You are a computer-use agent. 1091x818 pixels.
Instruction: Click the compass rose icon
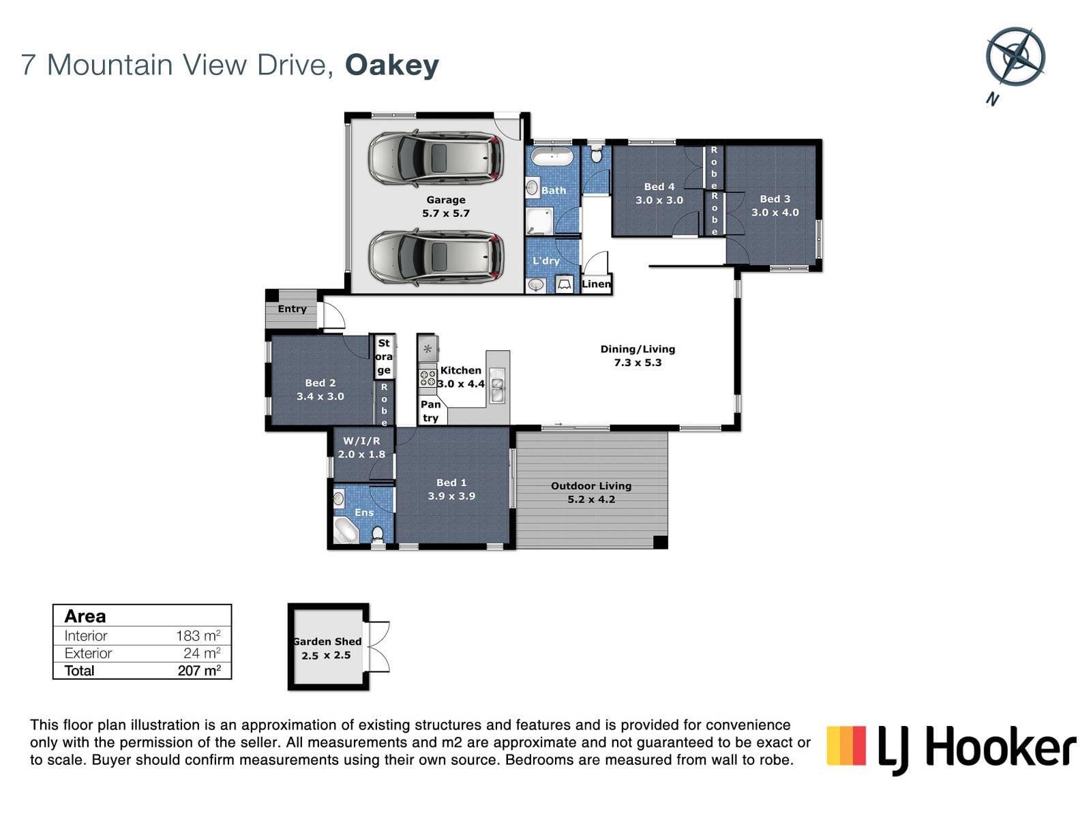click(1015, 57)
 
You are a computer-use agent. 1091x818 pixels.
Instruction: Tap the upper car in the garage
click(436, 158)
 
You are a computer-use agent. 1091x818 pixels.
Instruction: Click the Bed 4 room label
click(659, 187)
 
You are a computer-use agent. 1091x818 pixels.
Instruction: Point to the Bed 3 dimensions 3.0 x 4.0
click(775, 213)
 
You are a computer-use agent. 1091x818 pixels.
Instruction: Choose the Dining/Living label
click(638, 349)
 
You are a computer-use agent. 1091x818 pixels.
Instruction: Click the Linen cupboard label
click(597, 284)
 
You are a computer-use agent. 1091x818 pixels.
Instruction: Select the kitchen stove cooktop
click(428, 378)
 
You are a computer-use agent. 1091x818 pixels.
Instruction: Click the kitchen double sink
click(498, 385)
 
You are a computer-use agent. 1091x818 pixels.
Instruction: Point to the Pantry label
click(430, 411)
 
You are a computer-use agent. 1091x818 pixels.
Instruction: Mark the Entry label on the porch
click(293, 309)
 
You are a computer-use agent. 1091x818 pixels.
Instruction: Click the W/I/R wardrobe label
click(361, 440)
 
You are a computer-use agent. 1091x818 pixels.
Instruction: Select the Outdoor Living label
click(591, 486)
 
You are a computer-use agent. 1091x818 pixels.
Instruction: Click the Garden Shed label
click(327, 641)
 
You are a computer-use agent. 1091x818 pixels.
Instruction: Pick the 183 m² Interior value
click(198, 636)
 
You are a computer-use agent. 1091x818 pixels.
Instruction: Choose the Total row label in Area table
click(79, 671)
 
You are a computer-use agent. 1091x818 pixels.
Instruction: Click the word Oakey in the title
click(392, 65)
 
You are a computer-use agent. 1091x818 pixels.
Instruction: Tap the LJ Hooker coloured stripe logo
click(846, 746)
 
